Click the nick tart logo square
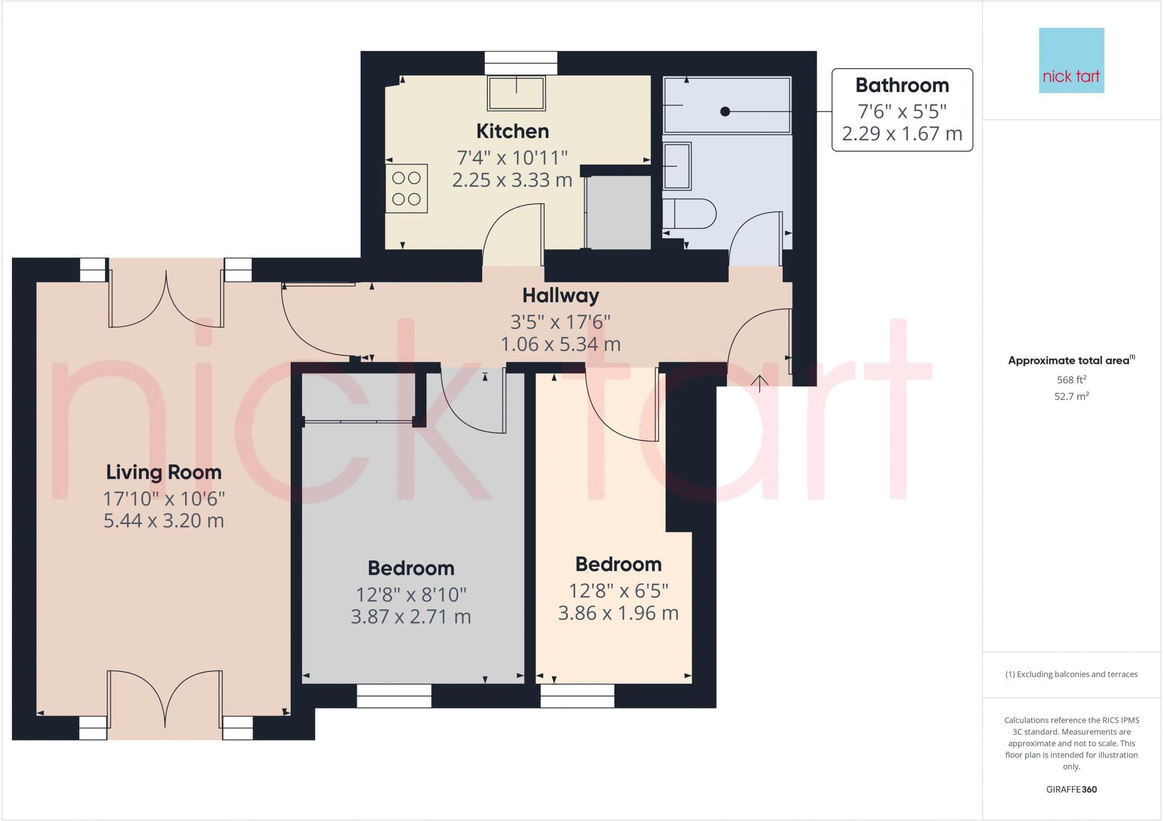tap(1071, 60)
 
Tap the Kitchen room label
tap(512, 131)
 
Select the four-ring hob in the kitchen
tap(407, 189)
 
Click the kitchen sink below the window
tap(516, 93)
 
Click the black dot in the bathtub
tap(725, 112)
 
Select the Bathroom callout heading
tap(902, 85)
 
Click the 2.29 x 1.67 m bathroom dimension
tap(902, 133)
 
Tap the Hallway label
tap(560, 295)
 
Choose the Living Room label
tap(164, 472)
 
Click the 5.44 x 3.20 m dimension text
tap(164, 520)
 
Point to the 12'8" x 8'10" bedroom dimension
tap(411, 594)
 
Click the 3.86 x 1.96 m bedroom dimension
tap(618, 613)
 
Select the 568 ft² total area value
tap(1071, 379)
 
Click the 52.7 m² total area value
tap(1071, 396)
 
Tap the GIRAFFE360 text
tap(1071, 789)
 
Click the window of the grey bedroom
tap(394, 696)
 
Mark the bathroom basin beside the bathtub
tap(677, 166)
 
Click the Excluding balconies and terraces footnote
tap(1071, 675)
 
